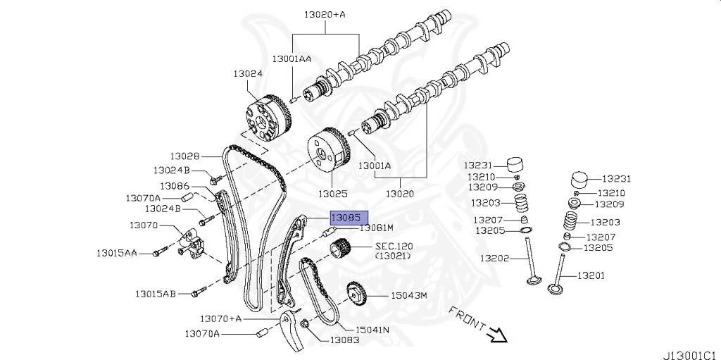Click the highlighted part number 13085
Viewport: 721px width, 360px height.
[x=346, y=218]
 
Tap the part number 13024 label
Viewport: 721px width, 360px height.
[x=248, y=73]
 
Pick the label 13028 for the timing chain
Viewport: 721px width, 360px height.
[x=184, y=156]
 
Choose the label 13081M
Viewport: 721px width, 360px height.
[x=376, y=228]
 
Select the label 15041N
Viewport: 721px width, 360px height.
[x=372, y=329]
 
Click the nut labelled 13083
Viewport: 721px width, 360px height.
[x=306, y=324]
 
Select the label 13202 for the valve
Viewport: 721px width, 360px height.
[x=495, y=259]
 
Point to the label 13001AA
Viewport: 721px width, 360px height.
[x=291, y=58]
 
